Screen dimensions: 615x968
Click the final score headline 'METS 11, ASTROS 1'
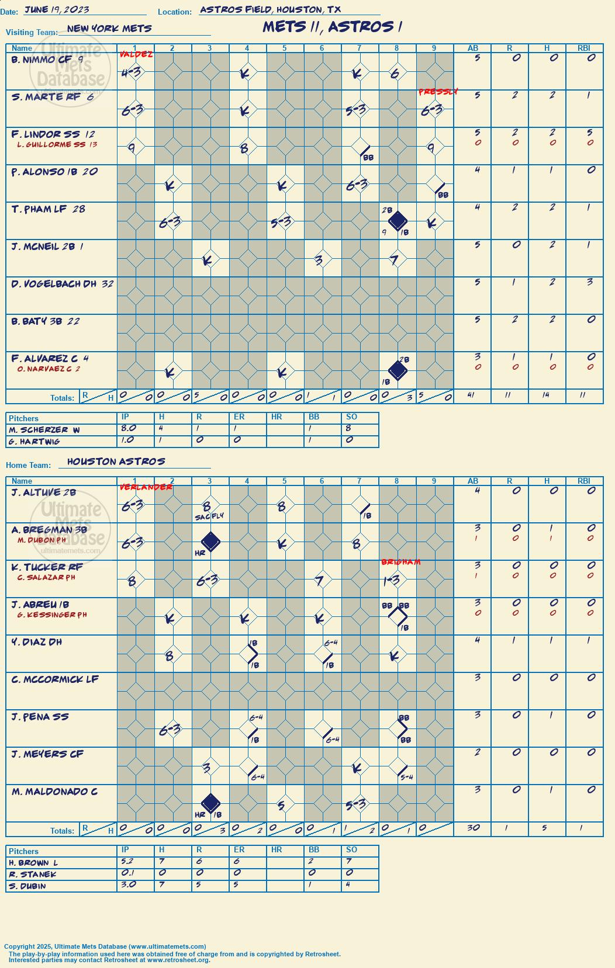[332, 27]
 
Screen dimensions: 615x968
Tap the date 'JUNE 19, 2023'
[57, 9]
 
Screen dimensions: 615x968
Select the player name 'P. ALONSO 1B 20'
[54, 172]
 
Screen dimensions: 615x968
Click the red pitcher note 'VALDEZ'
[136, 54]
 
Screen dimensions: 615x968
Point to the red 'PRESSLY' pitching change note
[438, 92]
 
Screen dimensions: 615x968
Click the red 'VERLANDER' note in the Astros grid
[146, 487]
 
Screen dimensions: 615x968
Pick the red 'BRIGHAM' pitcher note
[400, 562]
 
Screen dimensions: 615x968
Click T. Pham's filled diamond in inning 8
[398, 221]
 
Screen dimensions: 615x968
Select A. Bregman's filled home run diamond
[210, 542]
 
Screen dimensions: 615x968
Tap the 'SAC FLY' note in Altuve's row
[209, 517]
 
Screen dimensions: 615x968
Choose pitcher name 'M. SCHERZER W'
[44, 430]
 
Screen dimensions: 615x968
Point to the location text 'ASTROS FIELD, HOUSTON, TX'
[270, 9]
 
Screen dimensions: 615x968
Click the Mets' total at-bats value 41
[471, 394]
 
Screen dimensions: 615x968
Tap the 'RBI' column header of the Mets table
[583, 48]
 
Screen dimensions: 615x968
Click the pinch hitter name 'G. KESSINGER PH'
[52, 615]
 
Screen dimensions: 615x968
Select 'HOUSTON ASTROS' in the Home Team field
[116, 462]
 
